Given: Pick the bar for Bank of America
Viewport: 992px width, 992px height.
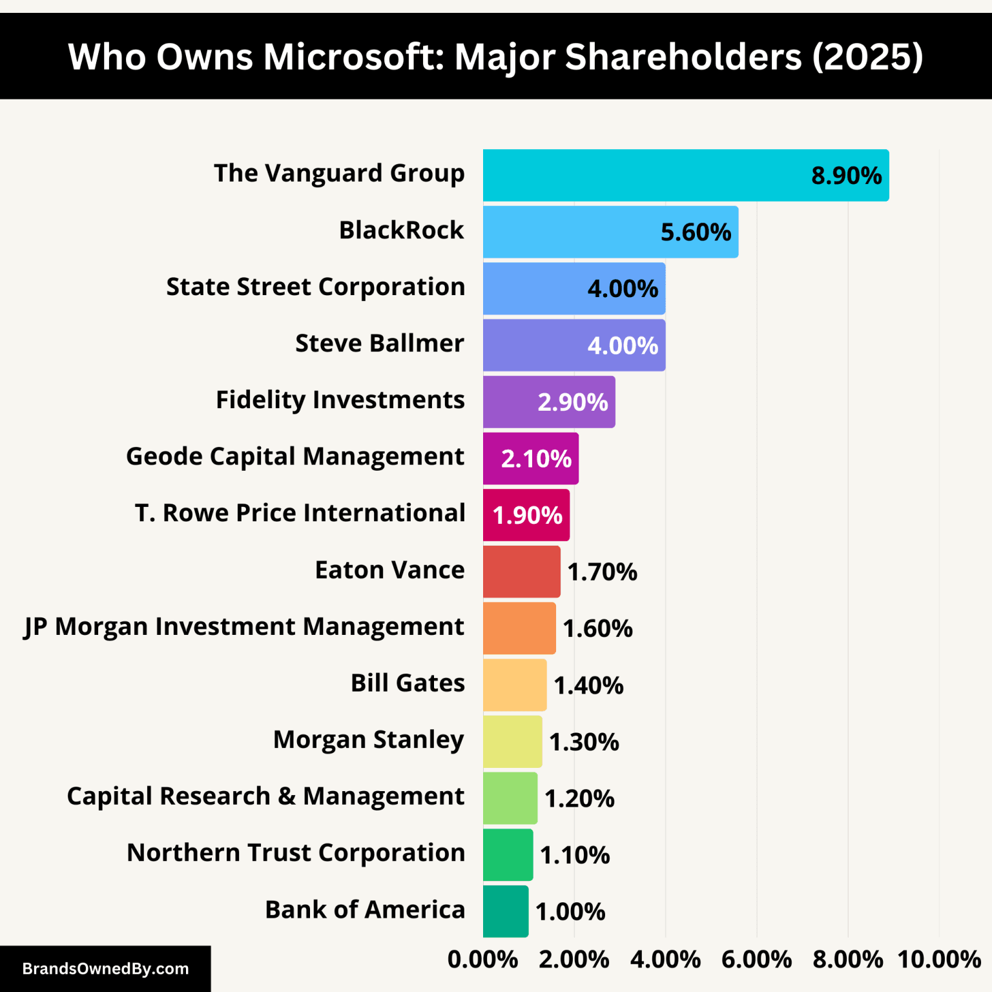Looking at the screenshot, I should click(x=506, y=911).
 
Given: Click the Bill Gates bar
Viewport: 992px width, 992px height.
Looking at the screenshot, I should click(x=515, y=685).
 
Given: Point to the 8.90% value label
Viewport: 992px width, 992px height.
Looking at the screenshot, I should click(x=846, y=176).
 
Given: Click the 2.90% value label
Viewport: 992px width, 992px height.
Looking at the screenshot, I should click(x=573, y=402).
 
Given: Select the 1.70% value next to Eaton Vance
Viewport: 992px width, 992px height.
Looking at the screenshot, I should click(x=602, y=572).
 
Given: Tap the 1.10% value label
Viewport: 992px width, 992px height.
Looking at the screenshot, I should click(x=575, y=855).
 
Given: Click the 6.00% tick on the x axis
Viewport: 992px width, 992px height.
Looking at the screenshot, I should click(x=756, y=960).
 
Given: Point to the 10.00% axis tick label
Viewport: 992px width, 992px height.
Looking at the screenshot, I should click(x=939, y=960).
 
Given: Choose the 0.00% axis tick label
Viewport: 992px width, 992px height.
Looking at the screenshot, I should click(x=482, y=960).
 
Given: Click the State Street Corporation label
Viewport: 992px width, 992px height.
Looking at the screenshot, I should click(x=315, y=287).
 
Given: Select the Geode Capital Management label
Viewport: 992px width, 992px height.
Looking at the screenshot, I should click(x=295, y=457).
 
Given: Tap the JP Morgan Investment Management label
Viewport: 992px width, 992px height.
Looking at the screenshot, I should click(x=244, y=627).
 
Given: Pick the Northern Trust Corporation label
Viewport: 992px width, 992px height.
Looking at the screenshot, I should click(x=296, y=853).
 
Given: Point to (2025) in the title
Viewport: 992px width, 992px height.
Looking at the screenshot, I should click(x=867, y=57).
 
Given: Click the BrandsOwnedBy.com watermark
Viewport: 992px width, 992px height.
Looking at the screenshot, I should click(x=105, y=969).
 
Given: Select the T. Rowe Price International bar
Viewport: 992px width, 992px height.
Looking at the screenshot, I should click(x=526, y=515).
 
